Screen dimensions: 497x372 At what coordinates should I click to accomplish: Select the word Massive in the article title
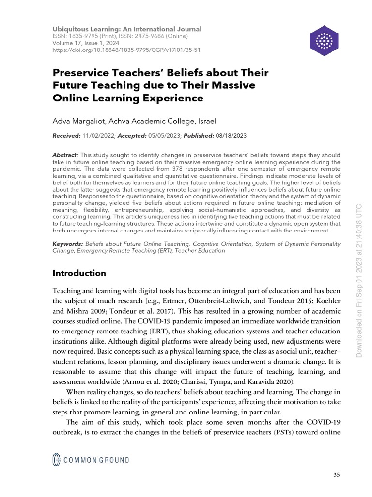(230, 85)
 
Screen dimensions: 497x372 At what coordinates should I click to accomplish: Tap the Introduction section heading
(79, 273)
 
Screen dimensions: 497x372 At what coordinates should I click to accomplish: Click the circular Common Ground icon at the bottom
(57, 459)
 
